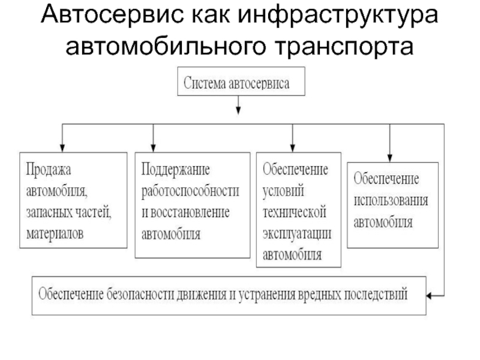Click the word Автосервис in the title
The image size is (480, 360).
113,14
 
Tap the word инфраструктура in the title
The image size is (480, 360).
338,16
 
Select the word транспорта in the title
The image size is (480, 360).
344,47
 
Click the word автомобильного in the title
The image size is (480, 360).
166,46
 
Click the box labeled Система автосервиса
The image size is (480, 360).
241,82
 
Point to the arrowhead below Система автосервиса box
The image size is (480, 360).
238,110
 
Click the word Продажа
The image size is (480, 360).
49,169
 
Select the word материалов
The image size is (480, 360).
55,234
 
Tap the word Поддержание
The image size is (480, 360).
175,170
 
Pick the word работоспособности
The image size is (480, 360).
190,191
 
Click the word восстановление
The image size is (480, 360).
190,212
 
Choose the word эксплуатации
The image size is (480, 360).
297,234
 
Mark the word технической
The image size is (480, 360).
295,212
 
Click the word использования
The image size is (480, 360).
391,200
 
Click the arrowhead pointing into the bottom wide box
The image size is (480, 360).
429,296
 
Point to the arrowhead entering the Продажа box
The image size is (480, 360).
62,148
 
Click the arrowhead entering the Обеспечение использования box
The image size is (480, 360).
389,158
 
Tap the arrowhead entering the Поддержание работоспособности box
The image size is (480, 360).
154,148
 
